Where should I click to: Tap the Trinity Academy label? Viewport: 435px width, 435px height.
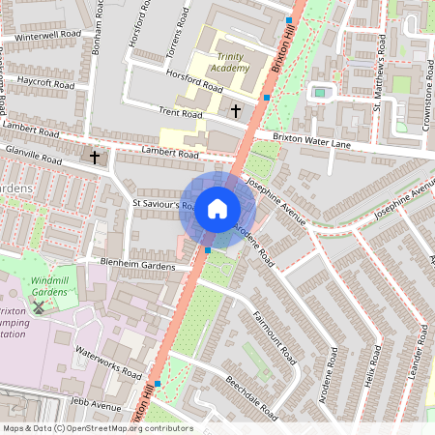pos(229,64)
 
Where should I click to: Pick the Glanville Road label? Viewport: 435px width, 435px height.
pos(34,155)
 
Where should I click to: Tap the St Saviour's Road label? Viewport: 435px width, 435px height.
pos(155,205)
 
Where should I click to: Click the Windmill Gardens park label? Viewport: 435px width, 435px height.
pos(40,285)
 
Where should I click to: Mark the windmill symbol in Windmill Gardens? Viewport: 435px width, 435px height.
pos(38,306)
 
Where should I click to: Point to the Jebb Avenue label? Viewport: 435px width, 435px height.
pos(95,407)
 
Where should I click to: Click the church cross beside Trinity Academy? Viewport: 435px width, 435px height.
pos(236,111)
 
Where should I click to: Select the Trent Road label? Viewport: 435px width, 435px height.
pos(181,114)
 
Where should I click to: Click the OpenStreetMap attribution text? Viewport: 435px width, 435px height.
pos(97,428)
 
